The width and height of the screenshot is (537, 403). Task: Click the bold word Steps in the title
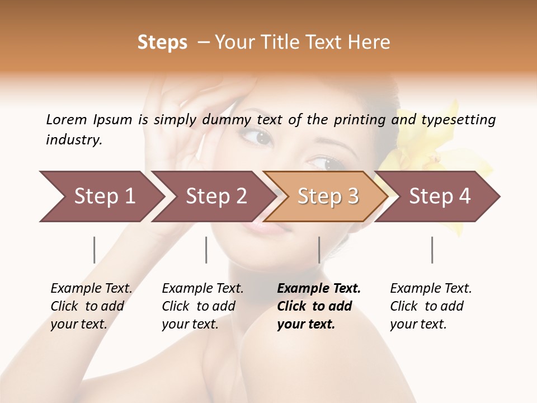(162, 43)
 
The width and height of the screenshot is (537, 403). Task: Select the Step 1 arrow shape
(101, 196)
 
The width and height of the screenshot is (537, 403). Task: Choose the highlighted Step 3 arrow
(327, 196)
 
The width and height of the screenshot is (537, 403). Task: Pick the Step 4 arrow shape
(440, 196)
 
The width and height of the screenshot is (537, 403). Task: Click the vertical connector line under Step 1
(94, 250)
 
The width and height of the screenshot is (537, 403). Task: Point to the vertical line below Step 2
(206, 250)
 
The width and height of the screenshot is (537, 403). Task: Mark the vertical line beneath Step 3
(319, 250)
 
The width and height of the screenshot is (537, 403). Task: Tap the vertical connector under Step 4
(432, 250)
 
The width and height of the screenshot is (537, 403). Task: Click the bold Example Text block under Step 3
(319, 306)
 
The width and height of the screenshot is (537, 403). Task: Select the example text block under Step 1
(92, 306)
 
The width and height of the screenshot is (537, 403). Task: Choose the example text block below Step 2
(203, 306)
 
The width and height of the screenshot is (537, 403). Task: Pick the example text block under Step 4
(431, 306)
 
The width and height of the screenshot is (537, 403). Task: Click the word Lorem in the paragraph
(67, 119)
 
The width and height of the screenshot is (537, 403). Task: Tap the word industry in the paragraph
(74, 140)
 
